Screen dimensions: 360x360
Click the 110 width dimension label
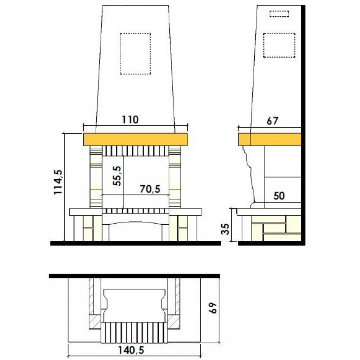coord(130,120)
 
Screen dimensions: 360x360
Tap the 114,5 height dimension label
coord(58,182)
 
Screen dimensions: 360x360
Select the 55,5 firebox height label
coord(117,176)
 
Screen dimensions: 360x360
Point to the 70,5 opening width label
coord(150,189)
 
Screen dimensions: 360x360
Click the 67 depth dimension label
coord(272,121)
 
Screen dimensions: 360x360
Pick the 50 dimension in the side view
coord(279,196)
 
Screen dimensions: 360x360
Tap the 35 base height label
coord(226,229)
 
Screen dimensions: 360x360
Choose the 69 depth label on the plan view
coord(213,308)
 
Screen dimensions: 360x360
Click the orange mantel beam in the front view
coord(136,139)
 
